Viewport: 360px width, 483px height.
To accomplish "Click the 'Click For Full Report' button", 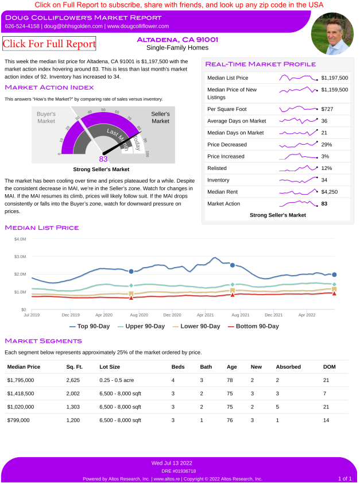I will pyautogui.click(x=49, y=44).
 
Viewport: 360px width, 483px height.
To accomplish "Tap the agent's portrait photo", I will pyautogui.click(x=331, y=33).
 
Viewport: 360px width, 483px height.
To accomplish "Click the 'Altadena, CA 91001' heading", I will pyautogui.click(x=169, y=40).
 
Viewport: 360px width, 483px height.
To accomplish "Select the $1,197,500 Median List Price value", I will pyautogui.click(x=335, y=78).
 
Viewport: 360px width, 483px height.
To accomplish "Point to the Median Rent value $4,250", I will pyautogui.click(x=330, y=192).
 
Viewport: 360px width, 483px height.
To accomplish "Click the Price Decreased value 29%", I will pyautogui.click(x=327, y=144).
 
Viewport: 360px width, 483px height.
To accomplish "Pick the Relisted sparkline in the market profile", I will pyautogui.click(x=298, y=168).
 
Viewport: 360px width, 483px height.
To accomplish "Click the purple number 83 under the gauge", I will pyautogui.click(x=103, y=159).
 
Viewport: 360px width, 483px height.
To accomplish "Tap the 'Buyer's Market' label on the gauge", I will pyautogui.click(x=46, y=118).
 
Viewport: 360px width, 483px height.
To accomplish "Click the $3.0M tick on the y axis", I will pyautogui.click(x=20, y=256).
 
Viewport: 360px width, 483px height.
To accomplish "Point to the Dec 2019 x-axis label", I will pyautogui.click(x=70, y=315).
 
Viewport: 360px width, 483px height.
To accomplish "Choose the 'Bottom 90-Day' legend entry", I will pyautogui.click(x=253, y=326).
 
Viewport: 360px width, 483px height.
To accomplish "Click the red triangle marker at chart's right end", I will pyautogui.click(x=334, y=293).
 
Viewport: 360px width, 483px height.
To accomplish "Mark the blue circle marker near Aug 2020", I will pyautogui.click(x=131, y=271).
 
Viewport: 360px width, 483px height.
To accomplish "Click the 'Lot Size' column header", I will pyautogui.click(x=110, y=366).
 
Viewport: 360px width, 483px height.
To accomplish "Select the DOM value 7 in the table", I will pyautogui.click(x=325, y=393).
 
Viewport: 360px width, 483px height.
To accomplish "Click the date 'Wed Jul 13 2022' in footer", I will pyautogui.click(x=172, y=463).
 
